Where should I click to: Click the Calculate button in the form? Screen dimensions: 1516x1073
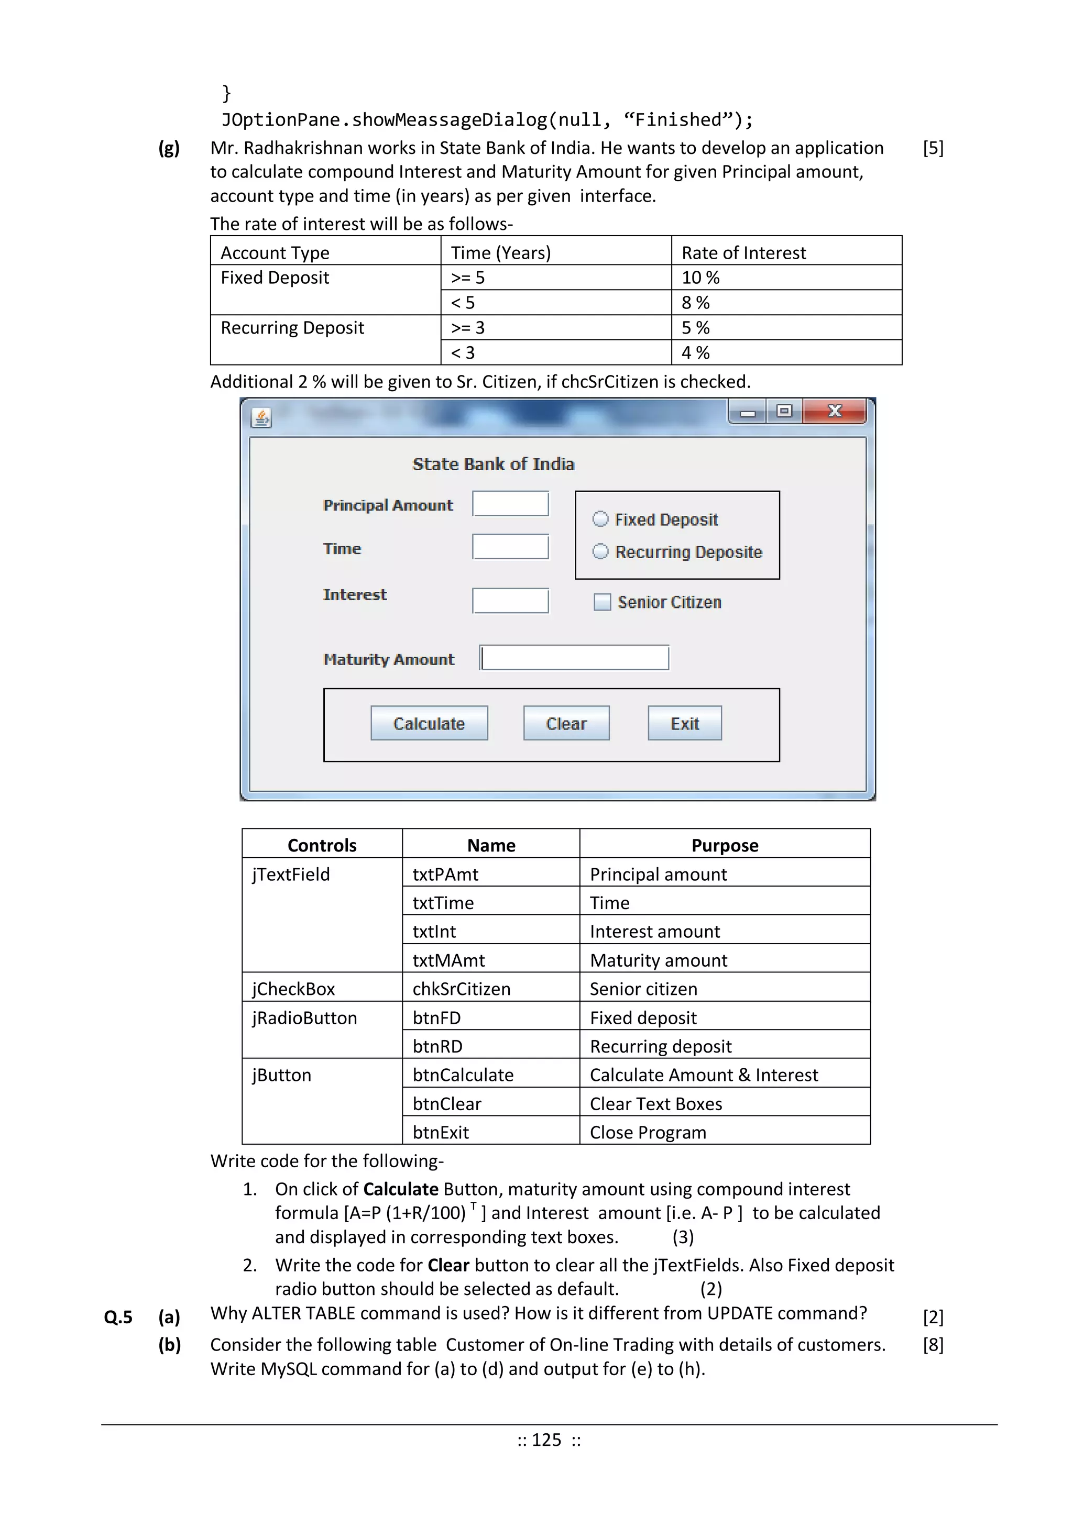[429, 723]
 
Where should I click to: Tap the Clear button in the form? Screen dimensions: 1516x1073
[566, 723]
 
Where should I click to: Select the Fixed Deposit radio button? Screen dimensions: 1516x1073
[600, 519]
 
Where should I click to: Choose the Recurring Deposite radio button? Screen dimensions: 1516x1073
[600, 551]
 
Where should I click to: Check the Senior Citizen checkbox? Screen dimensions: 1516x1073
[602, 602]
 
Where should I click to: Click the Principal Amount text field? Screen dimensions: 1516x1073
[510, 504]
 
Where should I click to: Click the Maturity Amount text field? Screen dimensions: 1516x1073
[574, 658]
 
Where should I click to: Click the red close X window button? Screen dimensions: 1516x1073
[835, 412]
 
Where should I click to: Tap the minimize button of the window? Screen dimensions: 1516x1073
[747, 413]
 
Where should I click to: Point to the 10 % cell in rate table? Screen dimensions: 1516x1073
[700, 278]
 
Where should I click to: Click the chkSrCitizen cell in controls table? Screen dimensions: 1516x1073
[461, 989]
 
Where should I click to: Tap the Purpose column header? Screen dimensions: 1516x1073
[724, 845]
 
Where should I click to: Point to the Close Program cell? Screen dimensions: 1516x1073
[648, 1132]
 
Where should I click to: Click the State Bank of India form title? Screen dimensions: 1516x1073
[493, 464]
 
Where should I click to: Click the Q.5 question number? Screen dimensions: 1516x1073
[118, 1317]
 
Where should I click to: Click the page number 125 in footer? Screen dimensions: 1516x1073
[546, 1440]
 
